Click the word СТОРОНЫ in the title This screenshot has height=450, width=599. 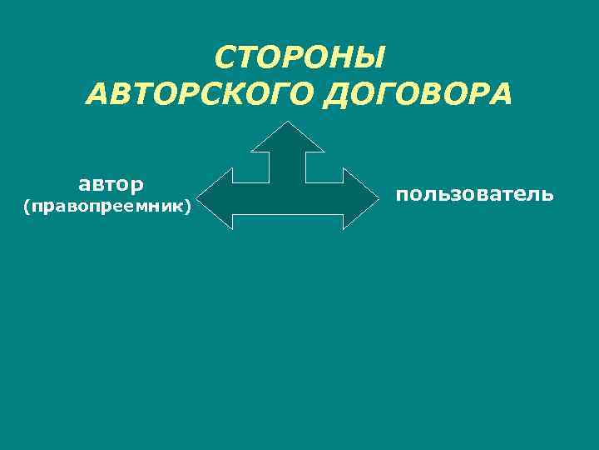tap(299, 58)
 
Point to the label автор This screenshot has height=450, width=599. tap(111, 182)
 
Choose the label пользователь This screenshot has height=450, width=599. tap(474, 194)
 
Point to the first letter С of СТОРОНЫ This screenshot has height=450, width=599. tap(225, 58)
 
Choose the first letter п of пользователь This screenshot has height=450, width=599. tap(403, 195)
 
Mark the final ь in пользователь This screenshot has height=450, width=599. tap(546, 195)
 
